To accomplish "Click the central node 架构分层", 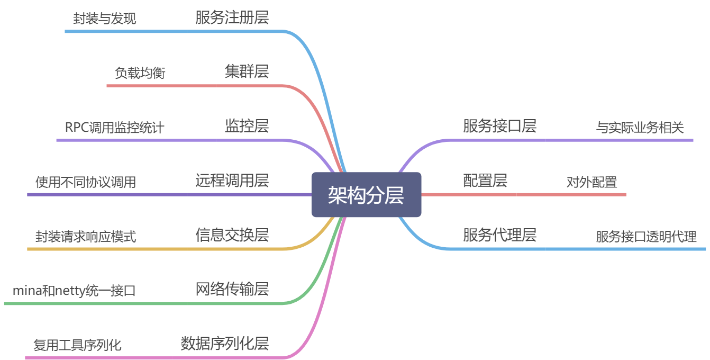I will [366, 195].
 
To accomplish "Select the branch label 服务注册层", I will [232, 17].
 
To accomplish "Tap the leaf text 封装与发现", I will [104, 19].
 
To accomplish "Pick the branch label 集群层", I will [247, 71].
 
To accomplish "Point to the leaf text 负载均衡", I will [140, 73].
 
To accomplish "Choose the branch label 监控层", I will [247, 126].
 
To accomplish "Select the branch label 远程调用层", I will [232, 181].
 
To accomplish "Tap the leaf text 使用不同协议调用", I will [86, 182].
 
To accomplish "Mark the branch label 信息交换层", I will [232, 235].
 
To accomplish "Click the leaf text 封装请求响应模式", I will [86, 237].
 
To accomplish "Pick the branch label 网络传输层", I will [232, 289].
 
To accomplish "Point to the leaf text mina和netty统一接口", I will [74, 291].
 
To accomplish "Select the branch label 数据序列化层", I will [224, 344].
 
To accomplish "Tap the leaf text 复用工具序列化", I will [77, 345].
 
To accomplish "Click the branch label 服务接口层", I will [499, 126].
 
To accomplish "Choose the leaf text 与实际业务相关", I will [640, 128].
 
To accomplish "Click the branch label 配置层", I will [485, 181].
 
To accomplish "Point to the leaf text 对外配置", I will [591, 182].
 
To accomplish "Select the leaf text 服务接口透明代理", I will [646, 237].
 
